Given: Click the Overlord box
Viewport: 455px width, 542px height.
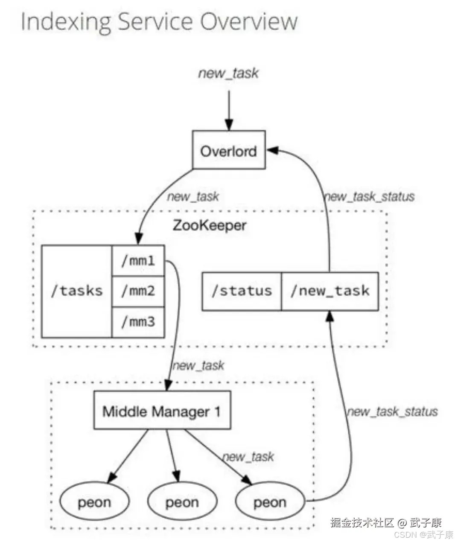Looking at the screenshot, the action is [229, 150].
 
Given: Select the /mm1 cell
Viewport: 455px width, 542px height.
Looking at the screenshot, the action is [138, 260].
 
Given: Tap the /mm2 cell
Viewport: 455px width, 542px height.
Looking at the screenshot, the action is [138, 291].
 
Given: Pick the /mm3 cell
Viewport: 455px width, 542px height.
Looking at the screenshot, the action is [138, 322].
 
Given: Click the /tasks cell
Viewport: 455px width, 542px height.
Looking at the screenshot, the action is [77, 291].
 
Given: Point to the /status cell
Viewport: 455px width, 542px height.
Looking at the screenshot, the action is [242, 291].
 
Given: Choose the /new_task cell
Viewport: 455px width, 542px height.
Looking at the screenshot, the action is [330, 291].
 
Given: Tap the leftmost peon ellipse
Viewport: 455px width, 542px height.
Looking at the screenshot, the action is [94, 502].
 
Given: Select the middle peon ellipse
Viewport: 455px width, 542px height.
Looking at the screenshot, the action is [182, 502].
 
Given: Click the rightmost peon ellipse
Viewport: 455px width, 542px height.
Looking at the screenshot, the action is [270, 502].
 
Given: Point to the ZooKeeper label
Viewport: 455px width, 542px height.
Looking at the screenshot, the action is [209, 225].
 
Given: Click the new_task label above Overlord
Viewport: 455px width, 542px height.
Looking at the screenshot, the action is [228, 73].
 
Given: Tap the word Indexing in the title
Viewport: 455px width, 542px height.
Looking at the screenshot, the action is [66, 22].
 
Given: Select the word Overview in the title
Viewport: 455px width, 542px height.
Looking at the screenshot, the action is [249, 22].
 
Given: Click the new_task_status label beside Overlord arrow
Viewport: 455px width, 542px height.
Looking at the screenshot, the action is [369, 197].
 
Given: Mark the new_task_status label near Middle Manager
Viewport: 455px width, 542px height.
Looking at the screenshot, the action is [392, 412].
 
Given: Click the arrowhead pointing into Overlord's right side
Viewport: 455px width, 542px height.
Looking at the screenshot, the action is [273, 150].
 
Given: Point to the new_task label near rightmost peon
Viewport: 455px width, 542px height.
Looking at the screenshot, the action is [248, 457].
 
